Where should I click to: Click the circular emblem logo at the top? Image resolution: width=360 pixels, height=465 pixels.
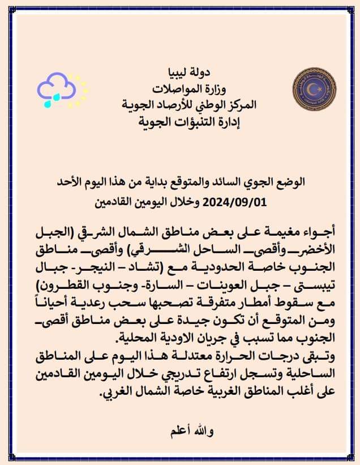click(310, 91)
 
